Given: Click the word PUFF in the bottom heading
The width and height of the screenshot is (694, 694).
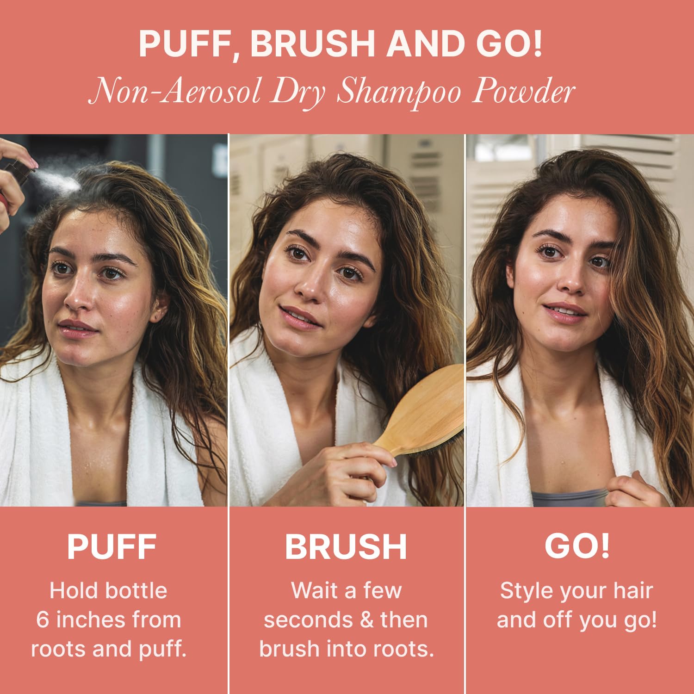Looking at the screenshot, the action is point(112,547).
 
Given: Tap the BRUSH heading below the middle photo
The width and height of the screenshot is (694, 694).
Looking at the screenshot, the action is point(346,547).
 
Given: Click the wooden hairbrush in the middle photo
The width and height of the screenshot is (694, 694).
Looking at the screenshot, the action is point(423,412).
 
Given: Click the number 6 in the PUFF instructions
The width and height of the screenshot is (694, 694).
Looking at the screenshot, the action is point(43,620).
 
